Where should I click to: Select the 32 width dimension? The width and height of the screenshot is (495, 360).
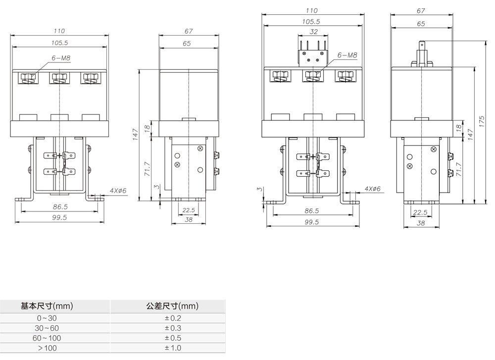(313, 31)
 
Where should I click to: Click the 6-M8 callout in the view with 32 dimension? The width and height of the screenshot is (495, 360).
(347, 55)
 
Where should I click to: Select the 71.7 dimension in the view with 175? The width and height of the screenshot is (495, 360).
(460, 170)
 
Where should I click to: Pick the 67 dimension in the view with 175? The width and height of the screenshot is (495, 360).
(421, 10)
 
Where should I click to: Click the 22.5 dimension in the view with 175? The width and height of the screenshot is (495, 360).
(420, 212)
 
